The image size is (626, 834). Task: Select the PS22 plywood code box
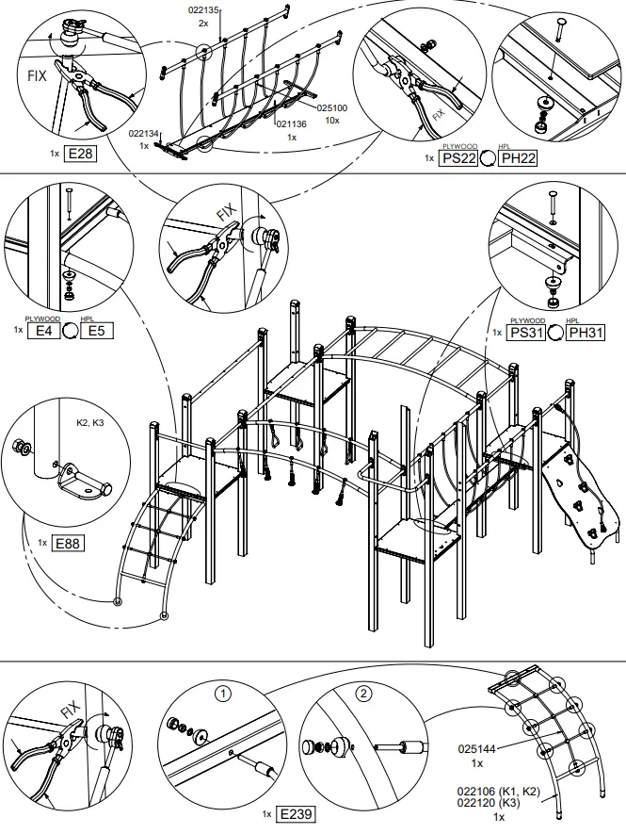tap(458, 158)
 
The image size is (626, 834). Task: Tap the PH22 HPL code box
tap(518, 158)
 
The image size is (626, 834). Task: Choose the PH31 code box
tap(586, 332)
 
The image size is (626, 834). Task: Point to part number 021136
tap(292, 123)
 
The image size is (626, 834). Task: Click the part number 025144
tap(476, 750)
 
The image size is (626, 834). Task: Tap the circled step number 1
tap(223, 695)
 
